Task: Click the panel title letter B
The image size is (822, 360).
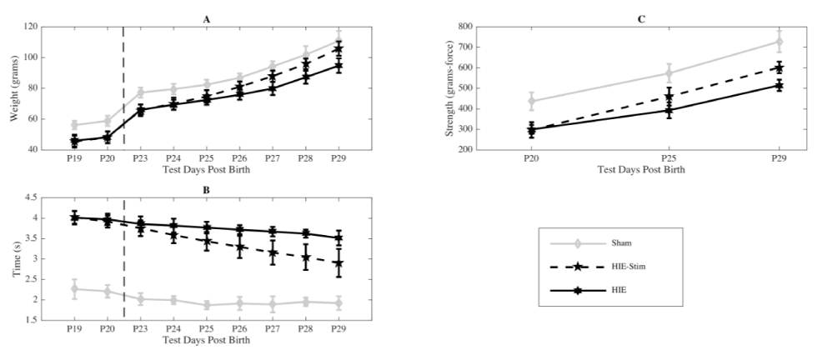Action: coord(206,189)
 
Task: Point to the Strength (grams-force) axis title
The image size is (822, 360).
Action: coord(451,88)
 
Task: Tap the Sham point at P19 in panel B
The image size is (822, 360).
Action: coord(75,289)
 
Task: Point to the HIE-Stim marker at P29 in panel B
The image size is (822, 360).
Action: coord(338,263)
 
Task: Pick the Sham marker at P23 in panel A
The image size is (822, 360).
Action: coord(141,92)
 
